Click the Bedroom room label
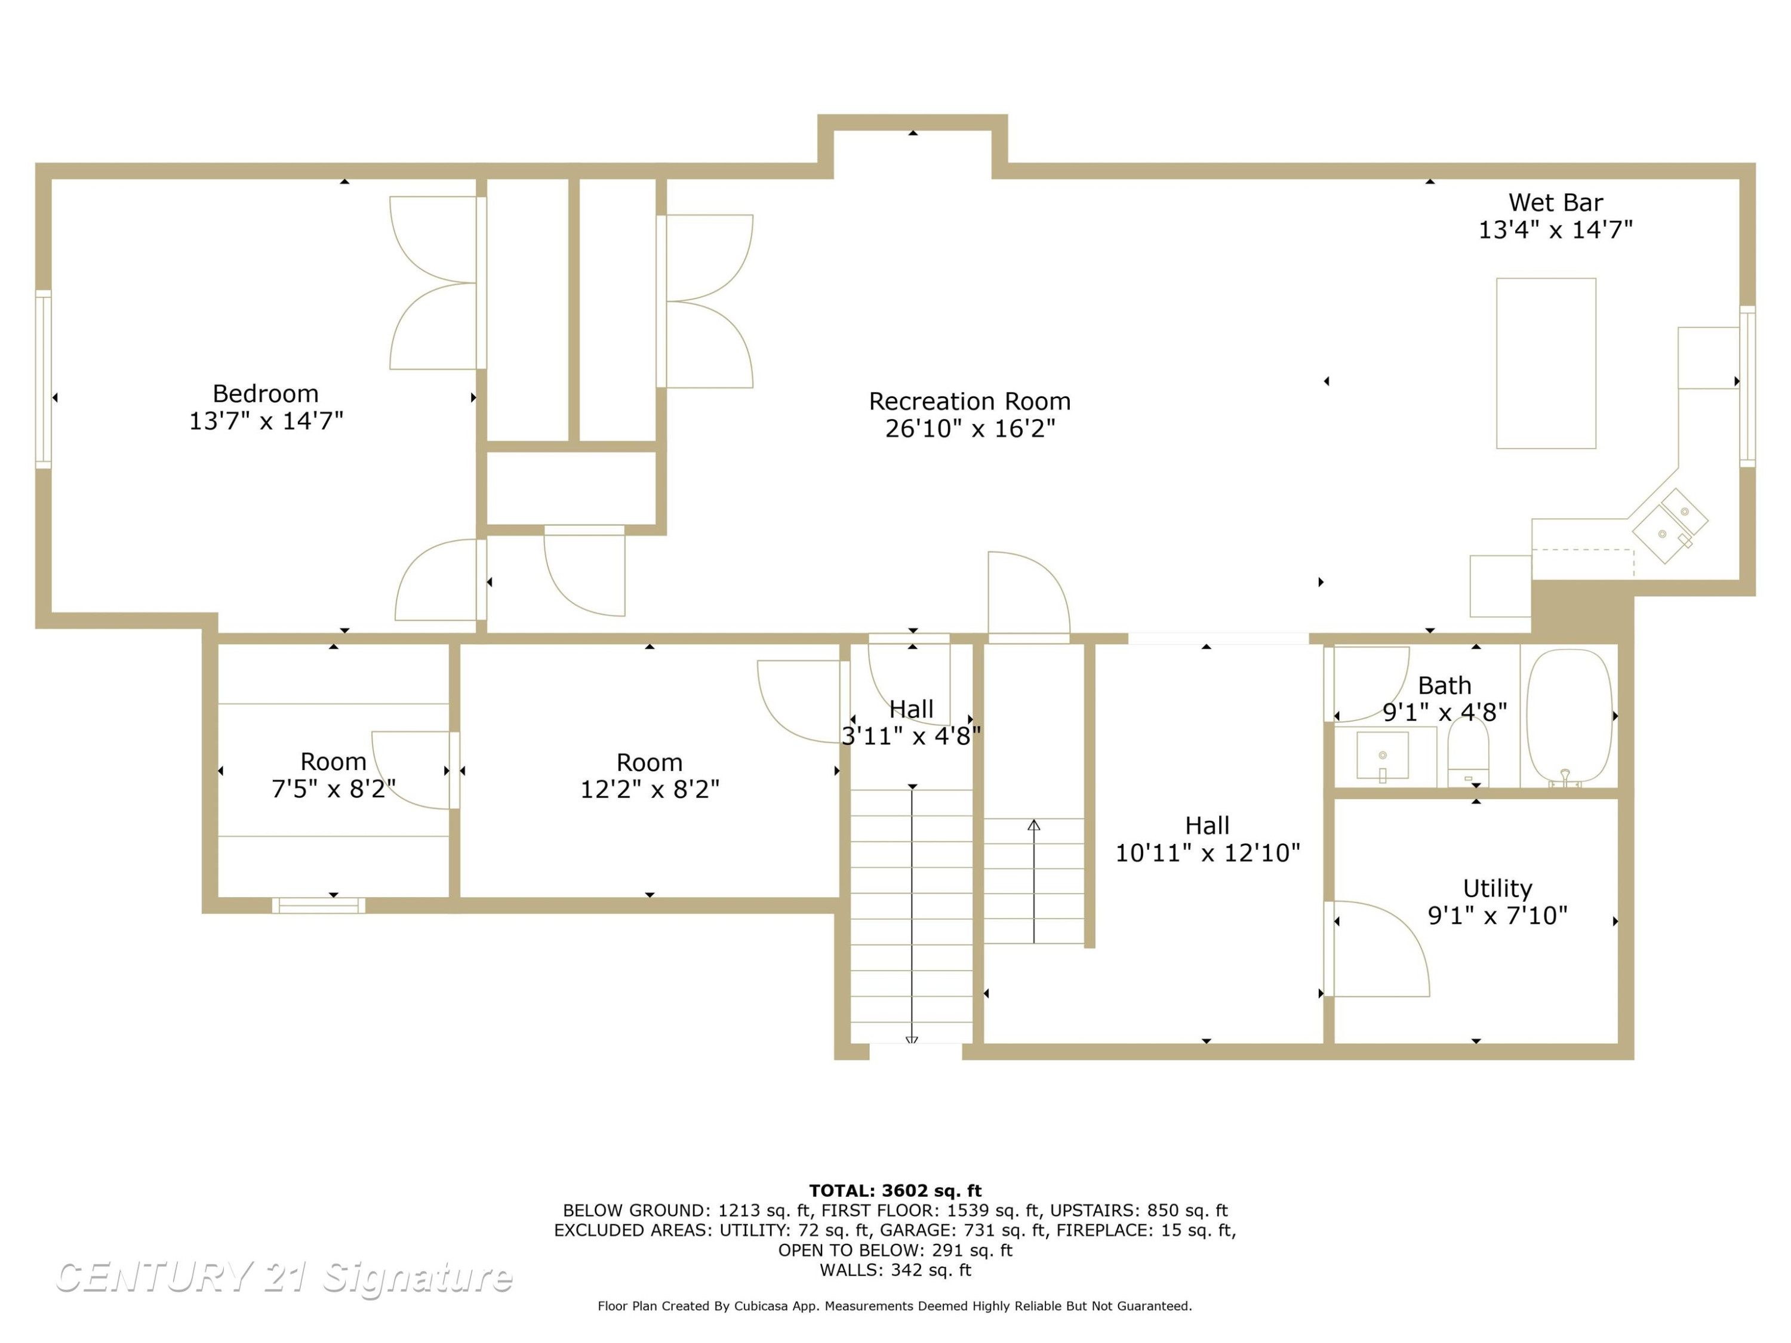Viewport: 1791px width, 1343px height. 266,393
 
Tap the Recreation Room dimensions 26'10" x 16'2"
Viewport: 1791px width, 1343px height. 970,428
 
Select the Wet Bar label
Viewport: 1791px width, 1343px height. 1555,202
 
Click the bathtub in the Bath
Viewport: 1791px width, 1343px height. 1569,718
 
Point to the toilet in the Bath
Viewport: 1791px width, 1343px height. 1468,753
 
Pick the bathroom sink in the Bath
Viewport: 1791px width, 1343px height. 1383,755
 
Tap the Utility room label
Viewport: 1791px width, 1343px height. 1497,889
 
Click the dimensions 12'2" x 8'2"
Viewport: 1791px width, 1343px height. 650,788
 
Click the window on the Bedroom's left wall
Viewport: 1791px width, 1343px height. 44,379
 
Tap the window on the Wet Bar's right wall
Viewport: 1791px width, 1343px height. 1747,386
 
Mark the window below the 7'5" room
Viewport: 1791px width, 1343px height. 318,905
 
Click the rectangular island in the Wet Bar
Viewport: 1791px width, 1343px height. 1546,364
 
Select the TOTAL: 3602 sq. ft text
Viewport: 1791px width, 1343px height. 895,1190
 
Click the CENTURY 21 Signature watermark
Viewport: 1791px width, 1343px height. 284,1277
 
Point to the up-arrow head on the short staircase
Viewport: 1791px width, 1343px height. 1034,825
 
